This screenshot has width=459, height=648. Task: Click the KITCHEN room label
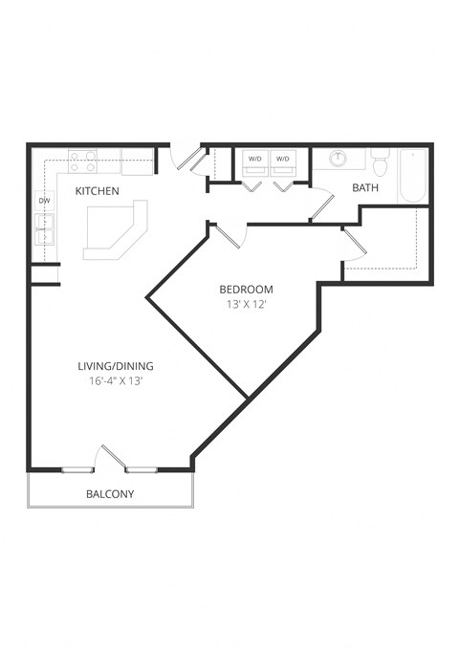tap(98, 191)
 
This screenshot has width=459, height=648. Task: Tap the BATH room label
tap(365, 187)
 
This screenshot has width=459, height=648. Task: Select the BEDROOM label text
tap(246, 290)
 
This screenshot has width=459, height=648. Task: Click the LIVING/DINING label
tap(116, 365)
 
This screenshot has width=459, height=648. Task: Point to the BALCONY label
tap(110, 494)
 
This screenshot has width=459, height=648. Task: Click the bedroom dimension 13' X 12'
tap(246, 306)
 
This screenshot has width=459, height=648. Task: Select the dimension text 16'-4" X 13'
tap(116, 380)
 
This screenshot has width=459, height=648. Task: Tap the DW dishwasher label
tap(44, 201)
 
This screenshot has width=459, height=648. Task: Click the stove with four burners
tap(83, 160)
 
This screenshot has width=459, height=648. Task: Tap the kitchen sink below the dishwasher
tap(44, 229)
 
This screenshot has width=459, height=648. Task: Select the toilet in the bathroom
tap(380, 164)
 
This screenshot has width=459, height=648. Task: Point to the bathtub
tap(413, 175)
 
